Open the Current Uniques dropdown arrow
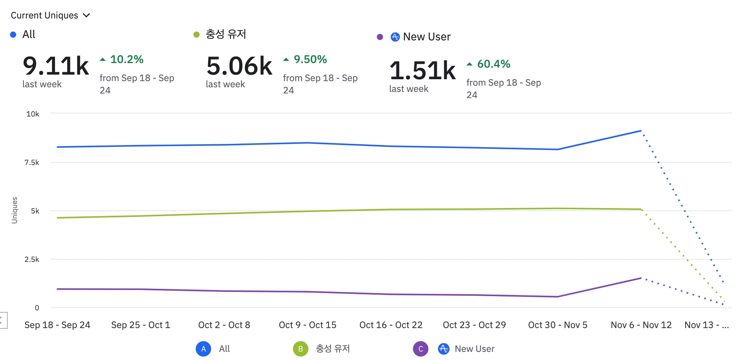point(87,15)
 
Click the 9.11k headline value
point(56,66)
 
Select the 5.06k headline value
point(239,66)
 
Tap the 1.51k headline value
point(423,71)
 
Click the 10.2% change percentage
point(127,60)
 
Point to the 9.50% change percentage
point(310,60)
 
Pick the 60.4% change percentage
point(493,64)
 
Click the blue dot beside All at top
point(13,35)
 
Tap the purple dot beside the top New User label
point(380,37)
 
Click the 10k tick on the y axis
point(33,114)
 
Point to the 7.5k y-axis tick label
point(32,163)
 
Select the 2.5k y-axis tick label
point(32,260)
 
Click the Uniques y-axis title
point(15,210)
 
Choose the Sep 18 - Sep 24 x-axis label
point(57,325)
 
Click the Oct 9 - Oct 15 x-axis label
point(307,325)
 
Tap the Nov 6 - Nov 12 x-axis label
point(641,325)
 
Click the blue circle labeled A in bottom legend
point(203,349)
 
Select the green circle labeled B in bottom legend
point(300,349)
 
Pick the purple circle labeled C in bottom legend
point(421,349)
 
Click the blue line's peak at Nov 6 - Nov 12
point(641,131)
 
